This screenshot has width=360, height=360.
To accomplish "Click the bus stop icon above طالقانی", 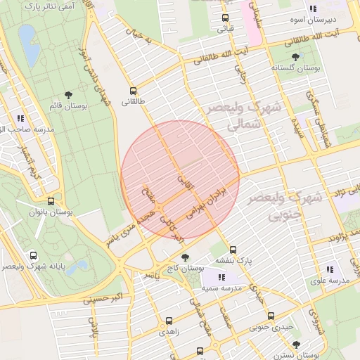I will pos(133,91).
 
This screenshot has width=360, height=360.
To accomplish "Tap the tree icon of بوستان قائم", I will pos(68,94).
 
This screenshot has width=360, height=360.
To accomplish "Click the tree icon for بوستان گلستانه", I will pos(295,57).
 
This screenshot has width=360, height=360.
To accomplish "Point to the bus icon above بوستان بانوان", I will pos(50,201).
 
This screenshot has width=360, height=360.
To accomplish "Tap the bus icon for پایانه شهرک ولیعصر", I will pos(33,255).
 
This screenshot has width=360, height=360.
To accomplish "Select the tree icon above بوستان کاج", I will pos(185,257).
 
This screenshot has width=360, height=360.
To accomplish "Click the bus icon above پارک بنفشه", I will pos(233,249).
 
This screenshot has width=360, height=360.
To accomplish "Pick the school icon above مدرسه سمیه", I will pos(212,277).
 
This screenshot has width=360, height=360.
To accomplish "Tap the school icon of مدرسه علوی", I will pos(330,269).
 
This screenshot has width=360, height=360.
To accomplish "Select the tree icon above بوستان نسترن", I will pos(296,345).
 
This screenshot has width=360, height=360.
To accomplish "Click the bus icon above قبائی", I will pos(224,18).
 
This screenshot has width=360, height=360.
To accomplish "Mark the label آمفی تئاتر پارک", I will pos(42,6).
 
